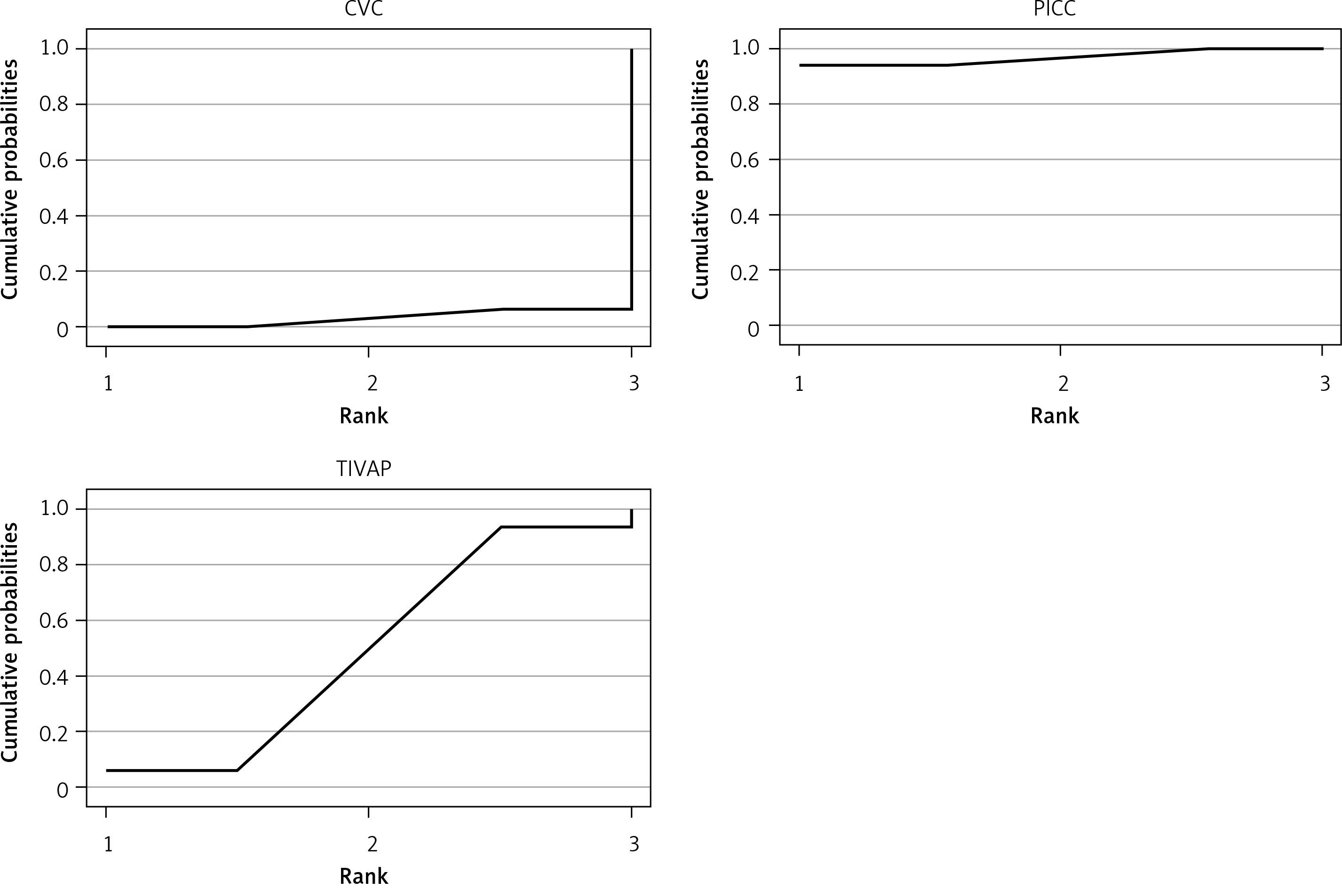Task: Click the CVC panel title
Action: pyautogui.click(x=364, y=9)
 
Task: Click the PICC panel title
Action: pyautogui.click(x=1054, y=9)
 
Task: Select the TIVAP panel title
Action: pyautogui.click(x=364, y=469)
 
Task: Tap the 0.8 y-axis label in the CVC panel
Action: pyautogui.click(x=53, y=105)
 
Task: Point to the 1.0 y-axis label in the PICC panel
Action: pyautogui.click(x=745, y=48)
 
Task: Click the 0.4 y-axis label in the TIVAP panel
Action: pyautogui.click(x=53, y=676)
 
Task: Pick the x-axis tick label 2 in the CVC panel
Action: pyautogui.click(x=372, y=384)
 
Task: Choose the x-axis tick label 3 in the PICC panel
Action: pyautogui.click(x=1325, y=384)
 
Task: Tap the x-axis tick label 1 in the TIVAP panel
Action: pyautogui.click(x=108, y=844)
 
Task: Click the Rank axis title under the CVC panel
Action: pyautogui.click(x=364, y=416)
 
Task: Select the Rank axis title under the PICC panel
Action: pyautogui.click(x=1054, y=416)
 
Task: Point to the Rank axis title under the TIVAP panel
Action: pyautogui.click(x=364, y=876)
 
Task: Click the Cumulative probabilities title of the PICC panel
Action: pyautogui.click(x=701, y=179)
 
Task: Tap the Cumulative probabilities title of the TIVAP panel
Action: pyautogui.click(x=9, y=642)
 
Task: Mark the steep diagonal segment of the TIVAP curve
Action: pyautogui.click(x=368, y=649)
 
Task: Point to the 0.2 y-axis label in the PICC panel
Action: pyautogui.click(x=745, y=271)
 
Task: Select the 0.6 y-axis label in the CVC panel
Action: pyautogui.click(x=53, y=160)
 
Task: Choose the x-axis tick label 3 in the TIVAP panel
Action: pyautogui.click(x=634, y=844)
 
